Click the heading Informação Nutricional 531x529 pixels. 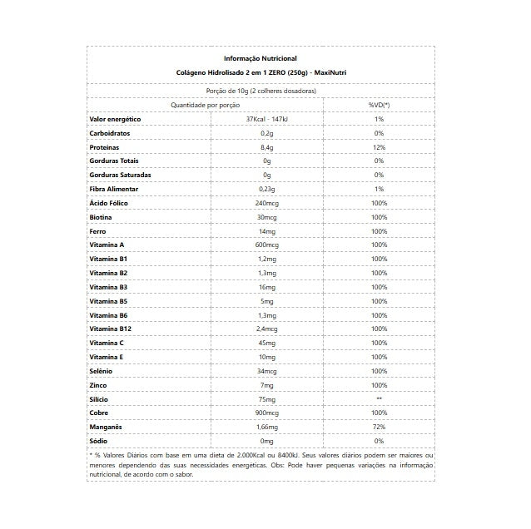coord(261,58)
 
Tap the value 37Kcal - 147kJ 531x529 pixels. coord(266,119)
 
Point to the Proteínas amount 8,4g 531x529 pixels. coord(266,147)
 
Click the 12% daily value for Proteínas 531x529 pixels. coord(379,147)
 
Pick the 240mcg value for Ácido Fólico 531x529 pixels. coord(266,203)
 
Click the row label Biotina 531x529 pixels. coord(102,217)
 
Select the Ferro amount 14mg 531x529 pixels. coord(266,231)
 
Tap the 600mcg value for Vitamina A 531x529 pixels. coord(266,245)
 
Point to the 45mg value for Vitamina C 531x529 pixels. coord(266,343)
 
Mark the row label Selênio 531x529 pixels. coord(102,371)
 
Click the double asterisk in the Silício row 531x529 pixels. coord(379,399)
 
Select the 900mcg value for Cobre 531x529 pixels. coord(266,413)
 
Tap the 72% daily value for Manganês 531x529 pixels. coord(379,427)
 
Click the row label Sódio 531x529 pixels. coord(99,441)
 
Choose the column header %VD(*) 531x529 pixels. coord(379,105)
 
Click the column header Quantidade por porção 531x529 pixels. coord(206,105)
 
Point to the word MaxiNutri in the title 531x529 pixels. coord(330,72)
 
